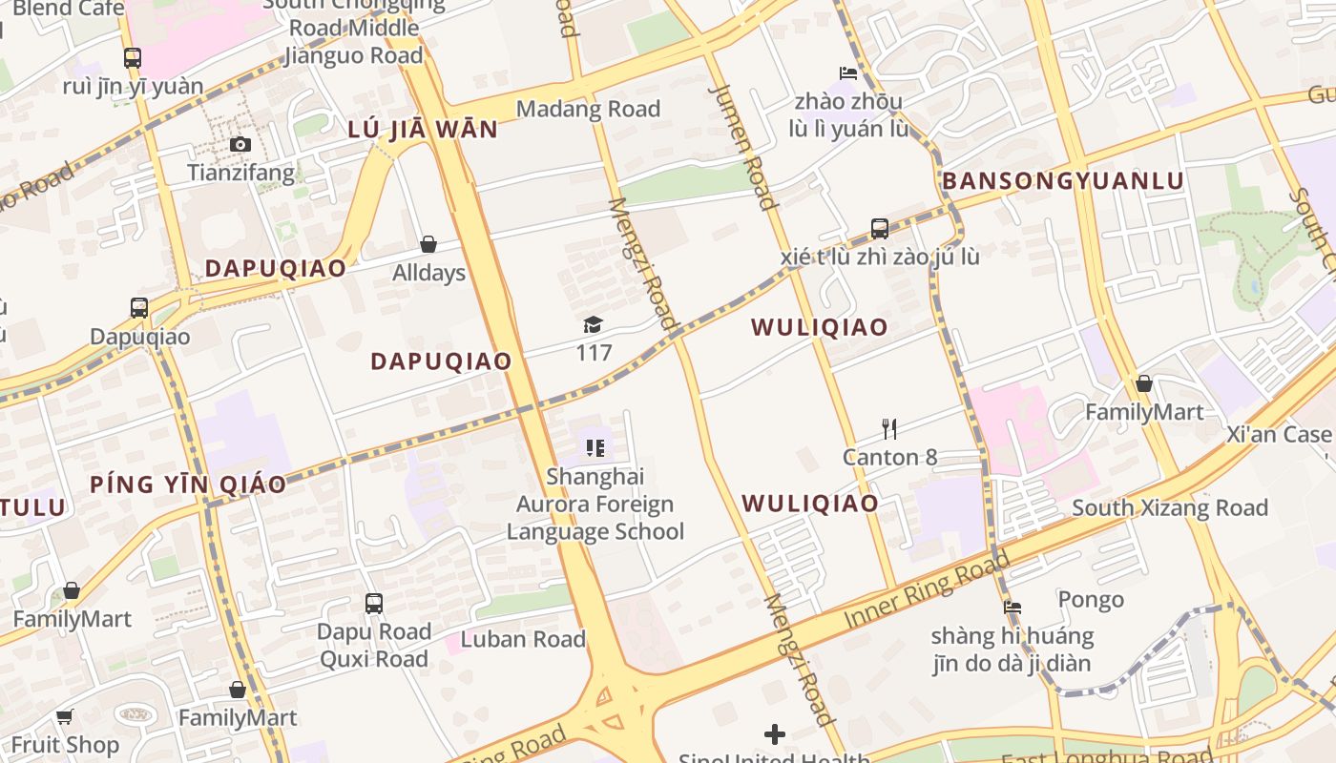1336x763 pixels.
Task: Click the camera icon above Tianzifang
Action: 240,144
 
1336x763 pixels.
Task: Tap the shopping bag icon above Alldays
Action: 428,244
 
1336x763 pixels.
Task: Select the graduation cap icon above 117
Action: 593,324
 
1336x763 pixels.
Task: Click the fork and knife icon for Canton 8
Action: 889,428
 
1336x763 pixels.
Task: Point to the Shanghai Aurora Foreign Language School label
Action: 595,504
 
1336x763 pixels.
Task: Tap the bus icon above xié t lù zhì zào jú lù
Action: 880,228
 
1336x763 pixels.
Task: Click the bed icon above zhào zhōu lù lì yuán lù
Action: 848,72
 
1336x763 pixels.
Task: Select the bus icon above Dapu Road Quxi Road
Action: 374,603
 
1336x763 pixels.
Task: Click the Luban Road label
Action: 523,639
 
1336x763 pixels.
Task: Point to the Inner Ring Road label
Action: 927,592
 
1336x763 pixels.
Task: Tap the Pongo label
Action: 1091,600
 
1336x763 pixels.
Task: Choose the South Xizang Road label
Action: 1169,507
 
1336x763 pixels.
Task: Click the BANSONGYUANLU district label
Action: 1062,181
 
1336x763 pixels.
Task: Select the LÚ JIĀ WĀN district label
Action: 423,130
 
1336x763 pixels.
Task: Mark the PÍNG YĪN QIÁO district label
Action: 188,485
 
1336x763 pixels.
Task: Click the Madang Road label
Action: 588,109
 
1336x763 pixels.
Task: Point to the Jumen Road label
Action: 743,146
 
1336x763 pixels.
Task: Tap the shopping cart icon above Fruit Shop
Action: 65,716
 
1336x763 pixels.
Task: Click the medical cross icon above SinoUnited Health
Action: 775,733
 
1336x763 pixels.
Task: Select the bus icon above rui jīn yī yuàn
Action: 133,57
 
